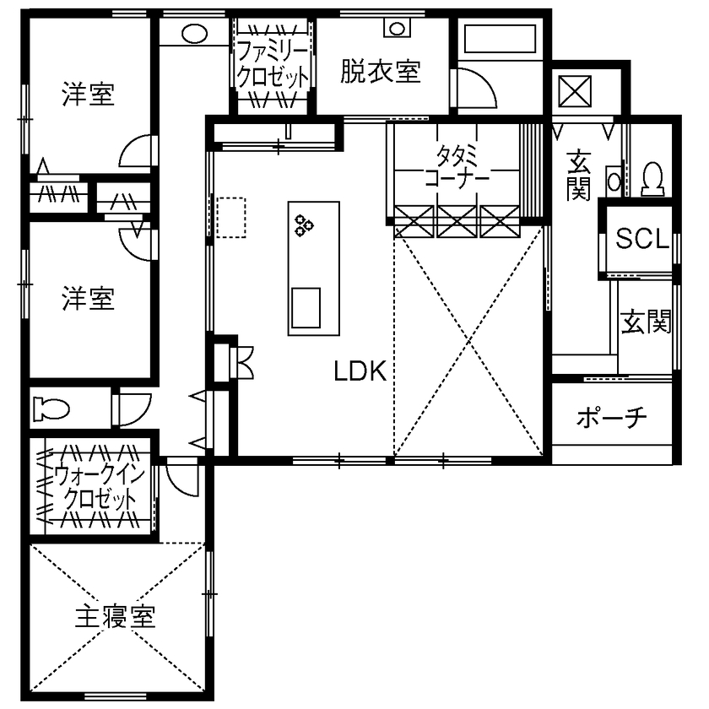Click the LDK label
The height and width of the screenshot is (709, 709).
point(360,371)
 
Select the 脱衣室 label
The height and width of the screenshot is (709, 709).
point(381,73)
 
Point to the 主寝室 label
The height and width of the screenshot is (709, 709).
point(116,618)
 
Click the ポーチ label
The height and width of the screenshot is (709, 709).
point(612,417)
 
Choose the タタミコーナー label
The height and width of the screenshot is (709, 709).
point(457,168)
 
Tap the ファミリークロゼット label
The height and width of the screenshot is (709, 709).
point(273,62)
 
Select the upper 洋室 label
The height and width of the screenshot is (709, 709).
point(89,95)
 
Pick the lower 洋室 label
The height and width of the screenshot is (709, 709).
point(89,298)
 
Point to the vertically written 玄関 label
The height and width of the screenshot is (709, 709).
point(578,176)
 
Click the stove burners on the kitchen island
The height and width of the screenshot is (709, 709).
point(304,225)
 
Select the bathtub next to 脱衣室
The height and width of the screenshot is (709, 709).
point(499,40)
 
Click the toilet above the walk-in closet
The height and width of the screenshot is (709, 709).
point(51,409)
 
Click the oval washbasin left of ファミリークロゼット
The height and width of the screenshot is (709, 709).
point(194,34)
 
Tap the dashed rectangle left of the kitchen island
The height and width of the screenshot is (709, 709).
point(230,218)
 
